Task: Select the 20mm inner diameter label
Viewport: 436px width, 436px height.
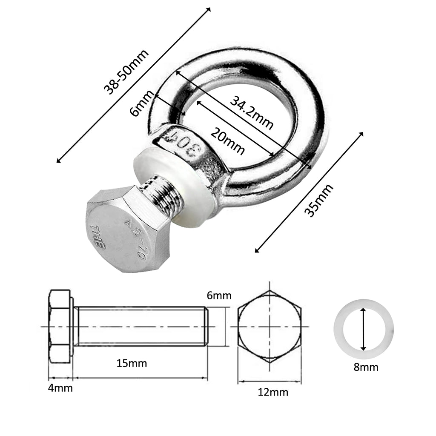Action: [228, 141]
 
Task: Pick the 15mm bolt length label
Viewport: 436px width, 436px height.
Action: [132, 363]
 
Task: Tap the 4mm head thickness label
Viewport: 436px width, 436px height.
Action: [60, 388]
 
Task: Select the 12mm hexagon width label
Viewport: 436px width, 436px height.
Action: [272, 392]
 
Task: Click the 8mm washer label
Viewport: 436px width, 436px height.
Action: [366, 367]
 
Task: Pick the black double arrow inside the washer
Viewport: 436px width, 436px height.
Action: [363, 329]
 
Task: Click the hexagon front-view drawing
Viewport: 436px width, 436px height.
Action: [270, 327]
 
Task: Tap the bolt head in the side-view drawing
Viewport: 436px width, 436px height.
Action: [60, 327]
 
